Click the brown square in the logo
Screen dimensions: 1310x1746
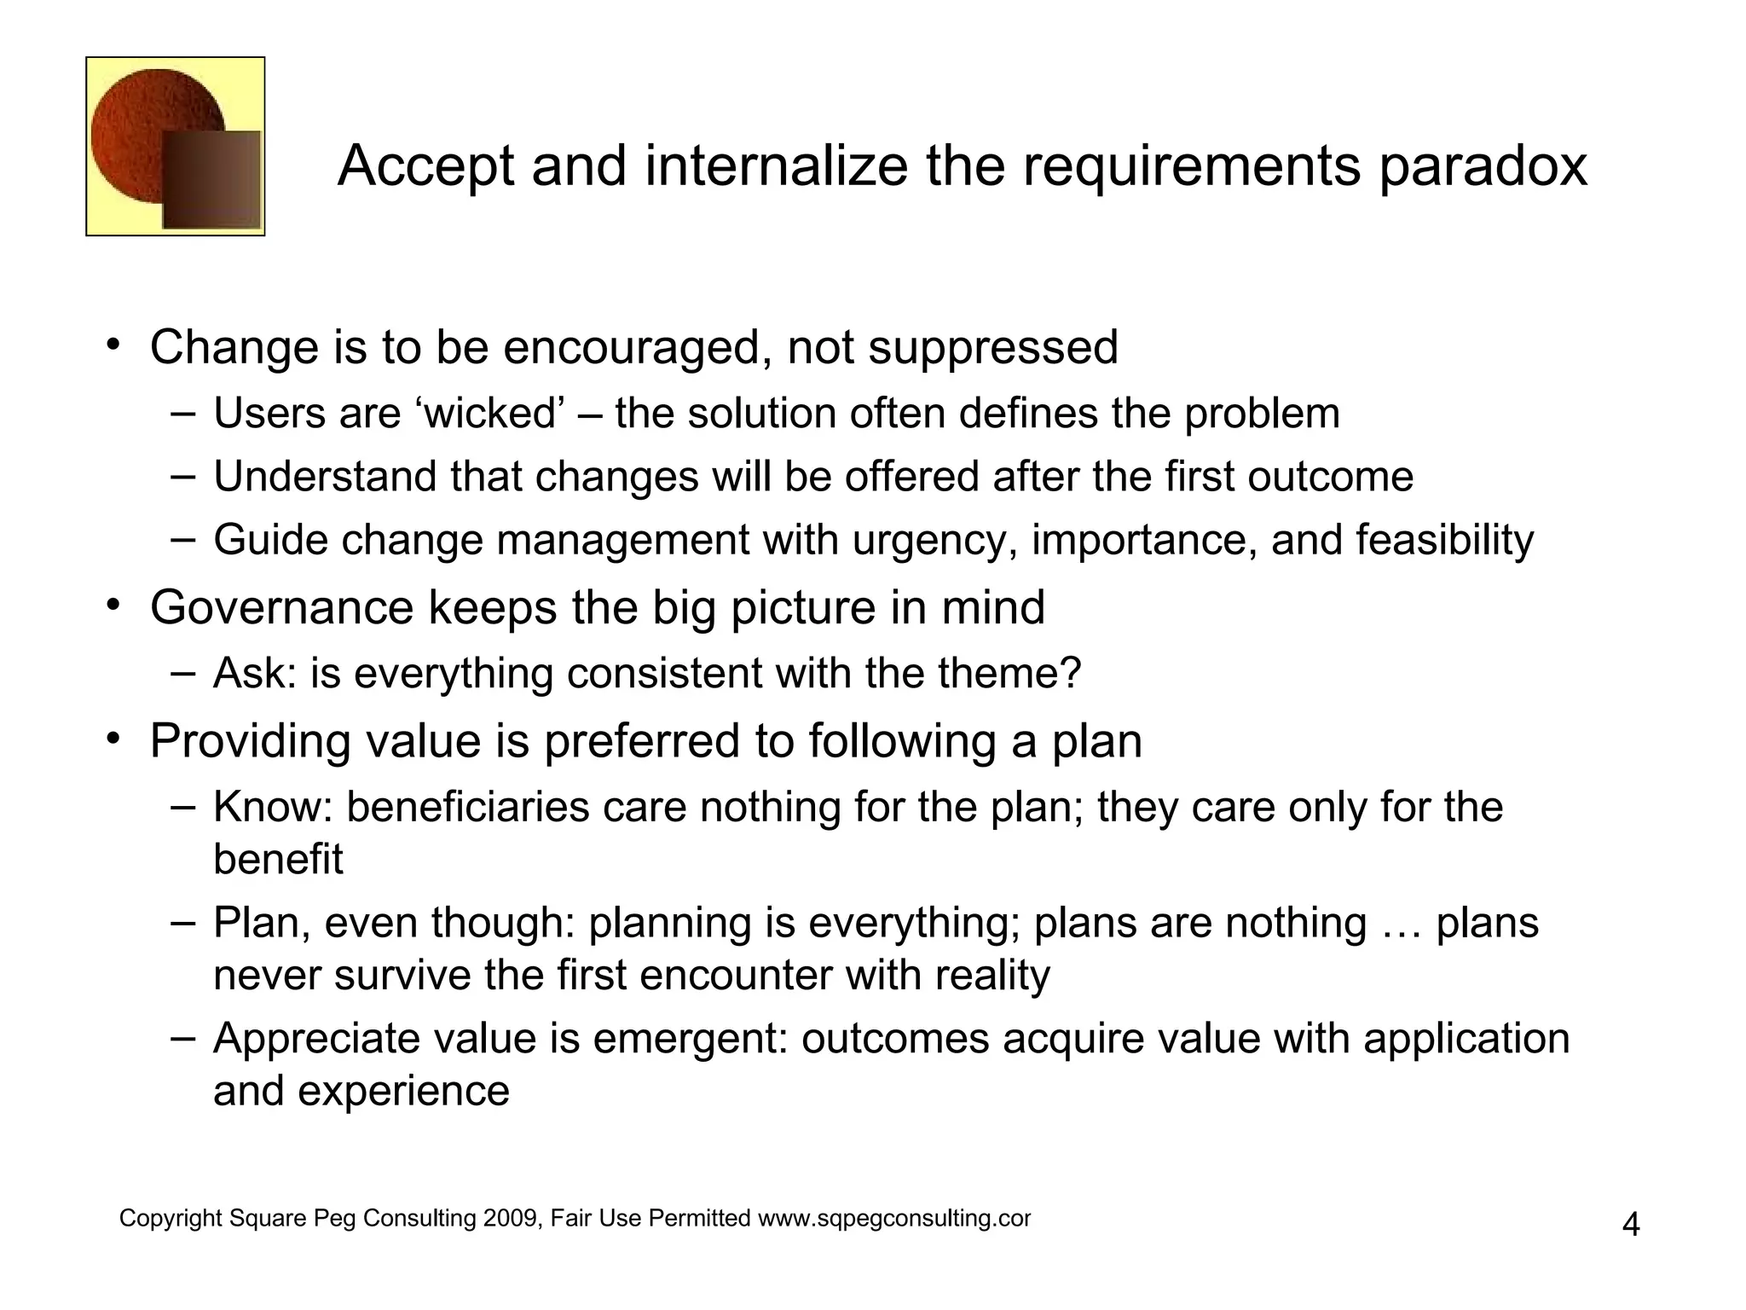coord(211,180)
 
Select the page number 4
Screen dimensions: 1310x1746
coord(1630,1226)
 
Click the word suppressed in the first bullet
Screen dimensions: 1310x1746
coord(992,348)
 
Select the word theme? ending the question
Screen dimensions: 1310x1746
coord(1009,674)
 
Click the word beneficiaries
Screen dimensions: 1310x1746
coord(467,808)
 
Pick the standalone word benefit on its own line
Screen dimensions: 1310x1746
coord(278,859)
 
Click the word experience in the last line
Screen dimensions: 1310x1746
coord(403,1091)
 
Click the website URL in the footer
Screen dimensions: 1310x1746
coord(894,1219)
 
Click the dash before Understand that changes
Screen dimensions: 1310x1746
coord(182,476)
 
